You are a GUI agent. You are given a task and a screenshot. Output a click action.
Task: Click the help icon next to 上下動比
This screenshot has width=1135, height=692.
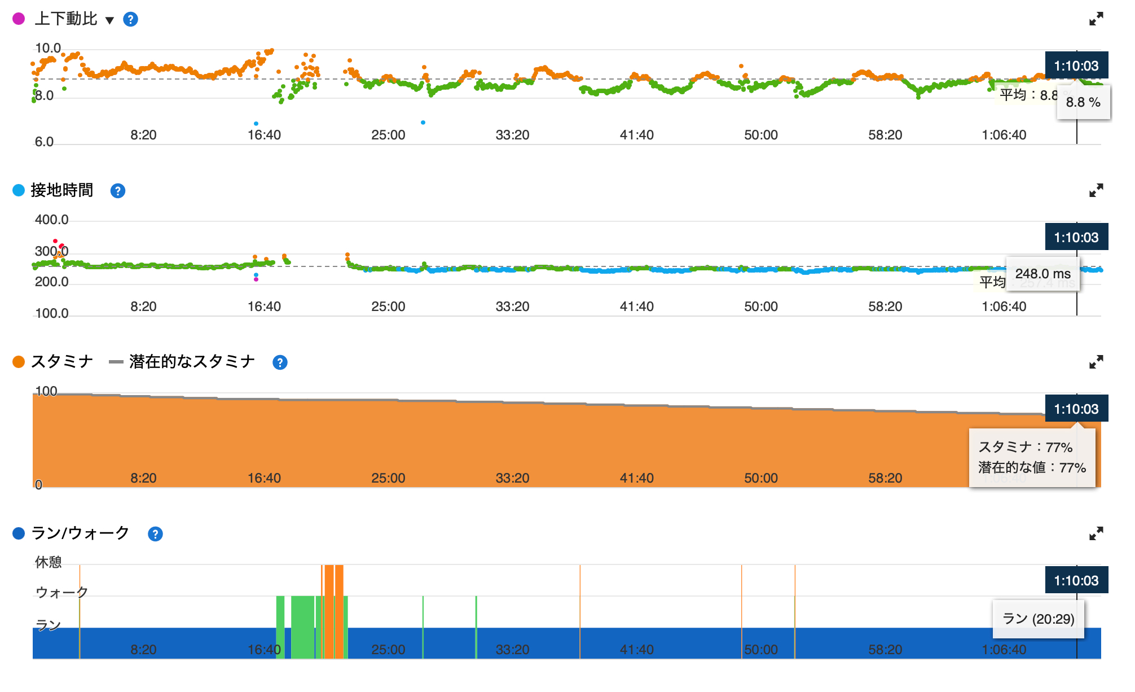[x=130, y=20]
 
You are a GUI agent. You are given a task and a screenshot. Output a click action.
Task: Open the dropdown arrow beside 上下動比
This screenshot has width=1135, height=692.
[x=110, y=20]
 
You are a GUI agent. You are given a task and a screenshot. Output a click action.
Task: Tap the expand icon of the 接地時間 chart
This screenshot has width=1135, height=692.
[x=1096, y=191]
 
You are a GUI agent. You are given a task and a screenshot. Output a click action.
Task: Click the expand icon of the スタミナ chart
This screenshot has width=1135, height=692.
[x=1096, y=362]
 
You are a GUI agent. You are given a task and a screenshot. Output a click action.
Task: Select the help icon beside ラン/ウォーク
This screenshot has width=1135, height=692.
[x=155, y=534]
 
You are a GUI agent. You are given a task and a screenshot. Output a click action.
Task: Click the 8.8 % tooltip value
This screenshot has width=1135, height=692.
[x=1083, y=102]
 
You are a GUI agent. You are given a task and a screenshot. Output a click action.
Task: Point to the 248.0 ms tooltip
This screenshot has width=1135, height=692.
[x=1042, y=274]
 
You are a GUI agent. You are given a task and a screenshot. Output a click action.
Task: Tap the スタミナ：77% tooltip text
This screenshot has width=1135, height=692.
[x=1025, y=447]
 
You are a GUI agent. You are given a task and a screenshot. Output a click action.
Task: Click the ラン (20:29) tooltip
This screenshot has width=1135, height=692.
[x=1038, y=619]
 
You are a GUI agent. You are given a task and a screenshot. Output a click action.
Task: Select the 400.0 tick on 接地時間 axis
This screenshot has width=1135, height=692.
[x=51, y=220]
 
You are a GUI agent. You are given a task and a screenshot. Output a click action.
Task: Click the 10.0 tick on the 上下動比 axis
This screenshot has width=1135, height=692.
[x=48, y=48]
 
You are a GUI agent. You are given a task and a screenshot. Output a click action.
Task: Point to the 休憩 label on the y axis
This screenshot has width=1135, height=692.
[x=48, y=562]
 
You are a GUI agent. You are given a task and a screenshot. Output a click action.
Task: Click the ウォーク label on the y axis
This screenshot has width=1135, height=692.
[x=61, y=592]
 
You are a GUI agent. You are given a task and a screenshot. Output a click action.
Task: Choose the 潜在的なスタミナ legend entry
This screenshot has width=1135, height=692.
[x=191, y=362]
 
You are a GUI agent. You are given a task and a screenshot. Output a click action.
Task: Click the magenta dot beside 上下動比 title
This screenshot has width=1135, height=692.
[x=19, y=19]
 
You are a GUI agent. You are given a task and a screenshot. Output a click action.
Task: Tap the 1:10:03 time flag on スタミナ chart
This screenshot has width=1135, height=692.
[x=1076, y=409]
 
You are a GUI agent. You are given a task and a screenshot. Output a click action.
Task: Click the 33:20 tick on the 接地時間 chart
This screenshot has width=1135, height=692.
[x=512, y=306]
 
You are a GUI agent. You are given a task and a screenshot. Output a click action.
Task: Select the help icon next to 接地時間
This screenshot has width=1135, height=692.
[x=117, y=191]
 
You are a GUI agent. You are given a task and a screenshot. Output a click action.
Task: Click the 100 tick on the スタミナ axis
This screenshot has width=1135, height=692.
[x=46, y=391]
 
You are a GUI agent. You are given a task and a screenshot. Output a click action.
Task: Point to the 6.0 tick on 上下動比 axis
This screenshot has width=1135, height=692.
[x=44, y=142]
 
